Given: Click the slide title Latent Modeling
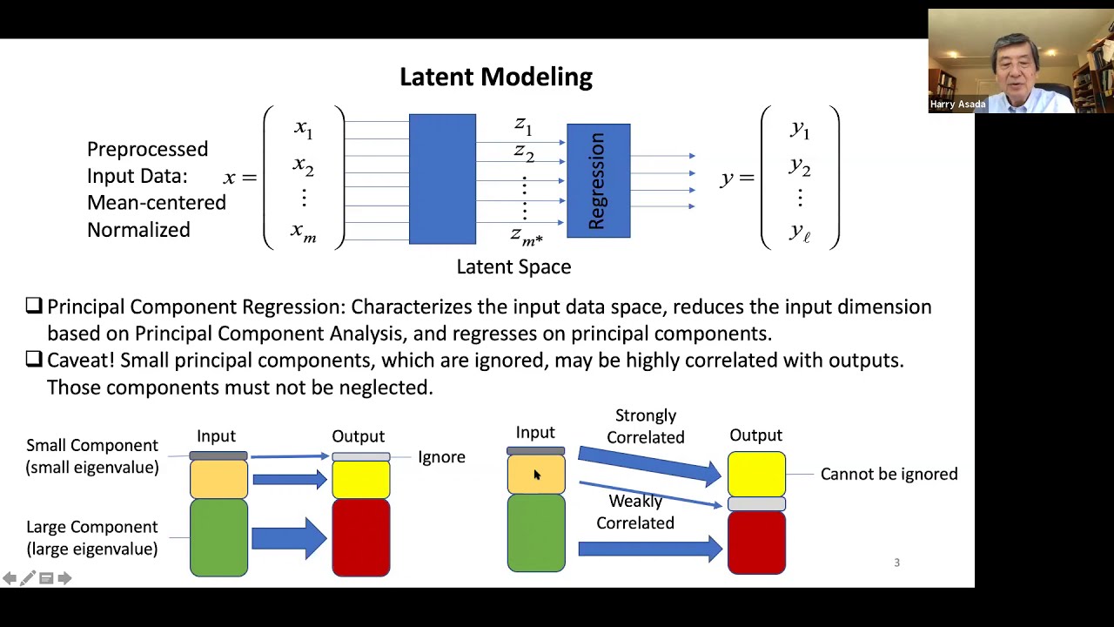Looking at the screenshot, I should click(x=495, y=77).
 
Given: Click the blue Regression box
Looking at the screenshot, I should click(x=598, y=181).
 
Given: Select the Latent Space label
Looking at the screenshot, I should click(x=513, y=267).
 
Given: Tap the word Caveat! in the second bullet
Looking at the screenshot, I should click(x=82, y=361).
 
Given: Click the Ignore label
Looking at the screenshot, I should click(x=441, y=457).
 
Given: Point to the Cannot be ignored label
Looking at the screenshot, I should click(x=889, y=475).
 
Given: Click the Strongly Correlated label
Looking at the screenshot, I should click(x=645, y=427).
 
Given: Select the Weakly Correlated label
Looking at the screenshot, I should click(x=634, y=512).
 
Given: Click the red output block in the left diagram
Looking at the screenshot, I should click(x=360, y=538).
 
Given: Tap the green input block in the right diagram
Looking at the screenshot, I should click(x=536, y=533).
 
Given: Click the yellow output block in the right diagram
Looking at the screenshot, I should click(x=756, y=475).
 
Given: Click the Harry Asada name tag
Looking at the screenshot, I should click(x=957, y=104).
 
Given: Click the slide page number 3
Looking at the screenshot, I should click(x=896, y=563).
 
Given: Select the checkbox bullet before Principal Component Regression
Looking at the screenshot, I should click(x=34, y=307).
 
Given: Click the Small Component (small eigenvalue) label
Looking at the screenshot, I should click(x=92, y=456).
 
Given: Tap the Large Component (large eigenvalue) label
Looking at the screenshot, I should click(x=92, y=538).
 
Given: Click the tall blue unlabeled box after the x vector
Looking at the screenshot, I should click(x=442, y=179).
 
